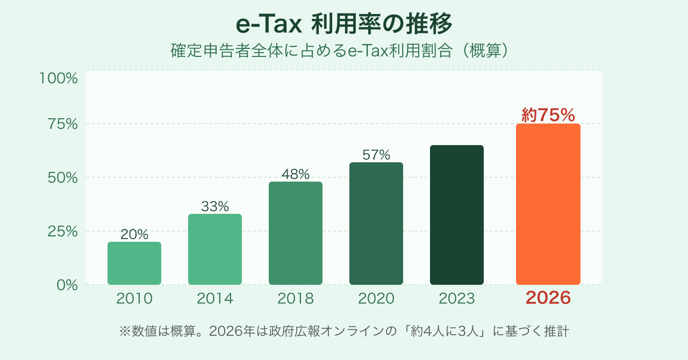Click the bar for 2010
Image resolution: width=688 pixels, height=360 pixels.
tap(134, 263)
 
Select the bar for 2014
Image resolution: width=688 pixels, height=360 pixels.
tap(215, 249)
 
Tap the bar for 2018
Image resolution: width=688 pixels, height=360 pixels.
tap(296, 233)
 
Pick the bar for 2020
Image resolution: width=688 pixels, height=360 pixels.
tap(376, 224)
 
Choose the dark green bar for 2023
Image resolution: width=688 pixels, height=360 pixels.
tap(457, 215)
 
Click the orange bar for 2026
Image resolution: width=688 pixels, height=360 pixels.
tap(548, 204)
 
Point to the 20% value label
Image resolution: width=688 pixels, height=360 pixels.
tap(134, 235)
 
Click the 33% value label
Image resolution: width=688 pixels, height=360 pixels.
tap(215, 206)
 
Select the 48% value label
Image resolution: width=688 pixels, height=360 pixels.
tap(296, 175)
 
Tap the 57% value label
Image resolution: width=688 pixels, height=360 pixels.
tap(376, 155)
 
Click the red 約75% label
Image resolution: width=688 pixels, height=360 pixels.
tap(548, 115)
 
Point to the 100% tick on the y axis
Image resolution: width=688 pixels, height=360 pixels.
tap(59, 78)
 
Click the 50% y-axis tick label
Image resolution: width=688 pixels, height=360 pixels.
tap(63, 178)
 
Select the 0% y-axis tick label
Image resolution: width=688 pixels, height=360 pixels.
tap(67, 285)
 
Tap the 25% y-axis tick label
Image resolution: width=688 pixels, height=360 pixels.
tap(63, 232)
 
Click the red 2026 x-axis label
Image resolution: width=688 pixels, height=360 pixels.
tap(548, 298)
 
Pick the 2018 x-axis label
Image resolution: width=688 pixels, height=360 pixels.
tap(296, 299)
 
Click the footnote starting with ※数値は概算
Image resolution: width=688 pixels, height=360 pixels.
tap(344, 331)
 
